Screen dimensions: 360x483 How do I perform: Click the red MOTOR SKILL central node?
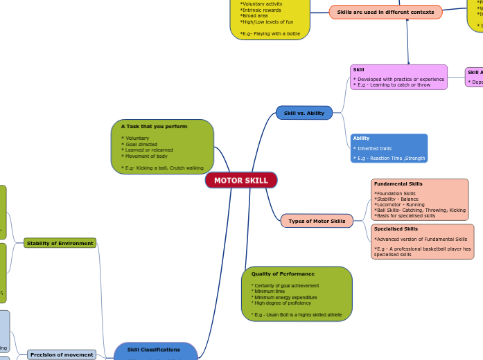[x=241, y=181]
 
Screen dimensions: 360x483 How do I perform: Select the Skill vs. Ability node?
[x=304, y=113]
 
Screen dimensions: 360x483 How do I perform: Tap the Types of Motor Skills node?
[x=317, y=221]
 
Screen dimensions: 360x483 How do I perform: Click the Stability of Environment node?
[x=60, y=243]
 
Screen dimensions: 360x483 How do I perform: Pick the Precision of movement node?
[x=62, y=354]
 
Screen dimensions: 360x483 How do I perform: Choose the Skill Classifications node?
[x=154, y=350]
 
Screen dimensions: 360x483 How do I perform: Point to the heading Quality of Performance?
[x=283, y=274]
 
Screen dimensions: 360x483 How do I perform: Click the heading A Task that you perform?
[x=154, y=127]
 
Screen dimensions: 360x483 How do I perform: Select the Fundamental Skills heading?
[x=398, y=184]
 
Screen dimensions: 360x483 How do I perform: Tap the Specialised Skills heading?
[x=396, y=228]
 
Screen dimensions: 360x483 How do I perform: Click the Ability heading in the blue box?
[x=361, y=138]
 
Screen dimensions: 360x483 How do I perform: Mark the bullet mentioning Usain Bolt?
[x=297, y=314]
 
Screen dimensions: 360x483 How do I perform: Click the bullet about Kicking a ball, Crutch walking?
[x=163, y=168]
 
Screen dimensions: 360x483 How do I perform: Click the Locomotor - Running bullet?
[x=400, y=204]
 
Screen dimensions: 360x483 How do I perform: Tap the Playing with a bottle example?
[x=270, y=33]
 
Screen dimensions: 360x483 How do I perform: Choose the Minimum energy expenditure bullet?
[x=285, y=297]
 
